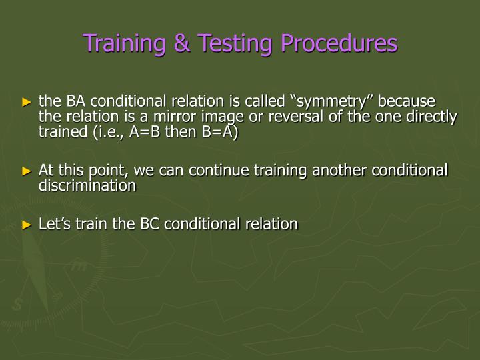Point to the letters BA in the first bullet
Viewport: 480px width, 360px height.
tap(74, 102)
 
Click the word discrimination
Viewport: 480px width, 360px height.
tap(87, 186)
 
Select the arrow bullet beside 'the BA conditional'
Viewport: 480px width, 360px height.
tap(27, 103)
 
